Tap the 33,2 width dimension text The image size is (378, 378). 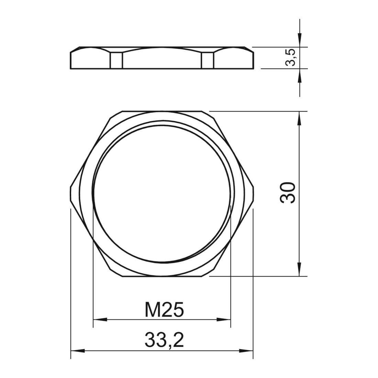click(164, 340)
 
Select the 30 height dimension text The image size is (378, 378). click(288, 193)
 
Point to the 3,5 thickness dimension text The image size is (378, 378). click(290, 57)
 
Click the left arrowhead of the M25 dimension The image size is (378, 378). click(100, 320)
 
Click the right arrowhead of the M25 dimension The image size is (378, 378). click(224, 320)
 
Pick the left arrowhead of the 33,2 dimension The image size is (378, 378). click(78, 350)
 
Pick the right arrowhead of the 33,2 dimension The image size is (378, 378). click(246, 350)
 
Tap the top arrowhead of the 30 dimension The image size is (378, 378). click(299, 118)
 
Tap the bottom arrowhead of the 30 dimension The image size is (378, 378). click(299, 269)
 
